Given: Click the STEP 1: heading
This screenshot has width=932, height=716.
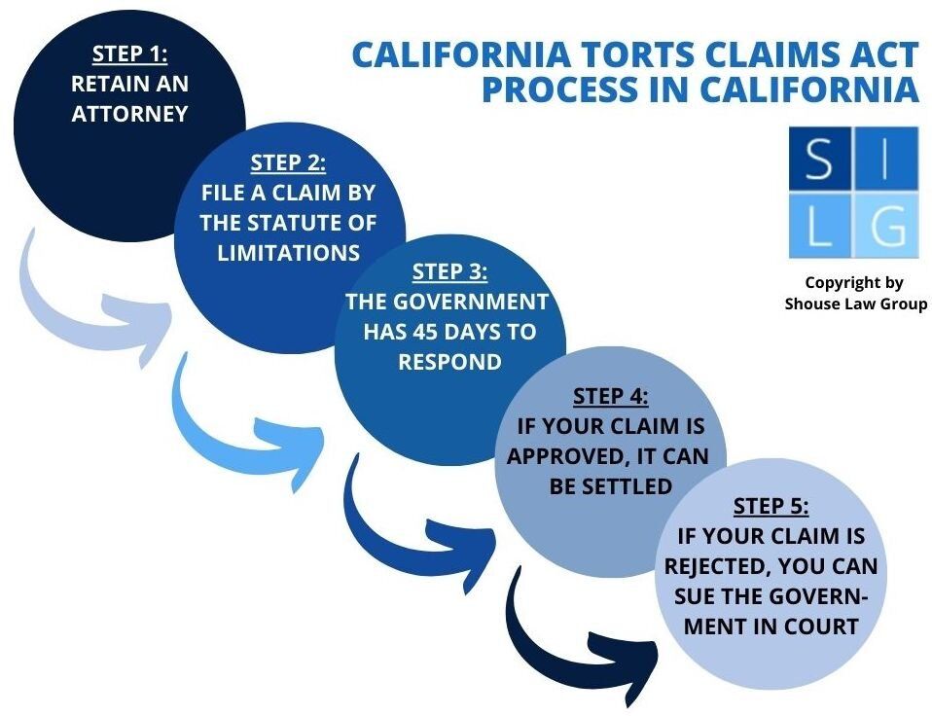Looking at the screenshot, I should pos(129,54).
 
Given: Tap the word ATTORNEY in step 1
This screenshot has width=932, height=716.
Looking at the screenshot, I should pos(129,113).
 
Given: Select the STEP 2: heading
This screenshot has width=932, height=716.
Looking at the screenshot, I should pos(288,163).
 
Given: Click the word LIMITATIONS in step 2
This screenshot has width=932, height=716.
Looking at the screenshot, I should pos(288,252).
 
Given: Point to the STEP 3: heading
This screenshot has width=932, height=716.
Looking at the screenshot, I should pos(449,272).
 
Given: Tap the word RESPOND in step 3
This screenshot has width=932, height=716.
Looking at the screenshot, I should pos(448,362).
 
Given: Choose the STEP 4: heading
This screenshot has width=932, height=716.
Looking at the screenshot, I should pos(610,396).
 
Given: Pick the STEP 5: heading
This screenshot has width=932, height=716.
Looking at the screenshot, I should pos(771,506).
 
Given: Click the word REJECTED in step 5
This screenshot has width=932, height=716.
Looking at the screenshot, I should pos(723,565).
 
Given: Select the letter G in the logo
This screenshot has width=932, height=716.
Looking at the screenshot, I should pos(887,229).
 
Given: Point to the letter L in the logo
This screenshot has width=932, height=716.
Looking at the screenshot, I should pos(819,229).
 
